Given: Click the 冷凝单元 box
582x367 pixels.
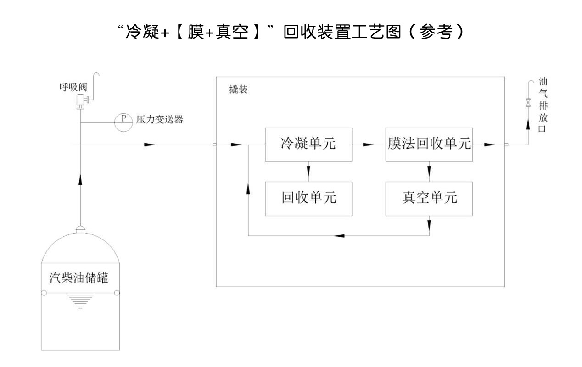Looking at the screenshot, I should click(308, 144).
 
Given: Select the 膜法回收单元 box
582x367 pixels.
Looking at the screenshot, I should click(429, 144).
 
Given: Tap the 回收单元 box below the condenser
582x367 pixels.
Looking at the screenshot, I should click(308, 198).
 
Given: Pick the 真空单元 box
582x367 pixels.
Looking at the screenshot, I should click(429, 198).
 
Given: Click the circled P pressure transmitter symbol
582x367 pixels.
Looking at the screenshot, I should click(123, 122).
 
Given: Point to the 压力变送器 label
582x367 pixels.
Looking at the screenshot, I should click(160, 120).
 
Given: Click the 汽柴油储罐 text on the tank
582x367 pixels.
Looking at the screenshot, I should click(81, 278).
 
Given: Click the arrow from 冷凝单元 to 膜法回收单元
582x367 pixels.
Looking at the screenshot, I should click(368, 145).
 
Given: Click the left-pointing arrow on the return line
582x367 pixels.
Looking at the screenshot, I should click(339, 236).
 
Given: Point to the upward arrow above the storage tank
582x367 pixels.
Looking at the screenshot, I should click(81, 179).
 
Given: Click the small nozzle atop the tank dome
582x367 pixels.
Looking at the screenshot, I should click(81, 229).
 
